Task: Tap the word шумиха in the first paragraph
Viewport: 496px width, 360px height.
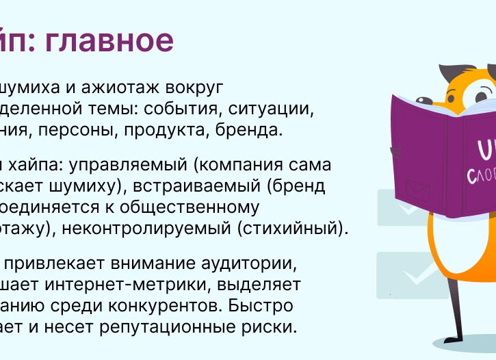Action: (31, 88)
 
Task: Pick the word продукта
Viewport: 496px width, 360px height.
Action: (187, 130)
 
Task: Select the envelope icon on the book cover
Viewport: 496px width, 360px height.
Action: (415, 187)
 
